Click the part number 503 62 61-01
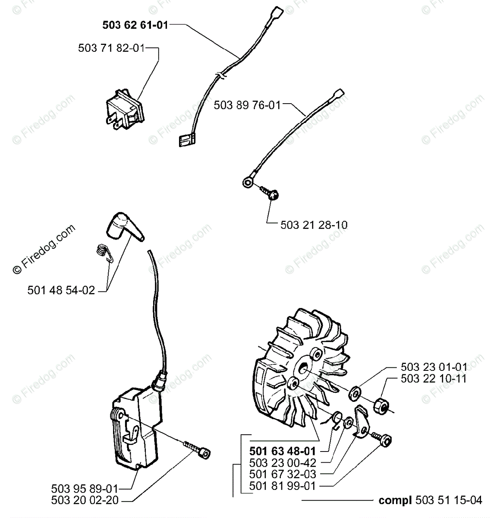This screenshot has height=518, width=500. [x=135, y=25]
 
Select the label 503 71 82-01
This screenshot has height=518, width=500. [x=111, y=48]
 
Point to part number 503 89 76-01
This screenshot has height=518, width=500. [x=247, y=105]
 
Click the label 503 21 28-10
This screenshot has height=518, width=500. [x=314, y=225]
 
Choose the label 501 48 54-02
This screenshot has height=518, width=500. [x=61, y=291]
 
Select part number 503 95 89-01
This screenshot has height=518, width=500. [x=84, y=489]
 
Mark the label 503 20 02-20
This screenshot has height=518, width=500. [x=84, y=500]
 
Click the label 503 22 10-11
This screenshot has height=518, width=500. [x=434, y=379]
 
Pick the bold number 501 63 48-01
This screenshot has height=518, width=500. [x=283, y=451]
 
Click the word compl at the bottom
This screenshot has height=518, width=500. [x=396, y=500]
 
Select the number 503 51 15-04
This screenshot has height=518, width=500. [x=449, y=500]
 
